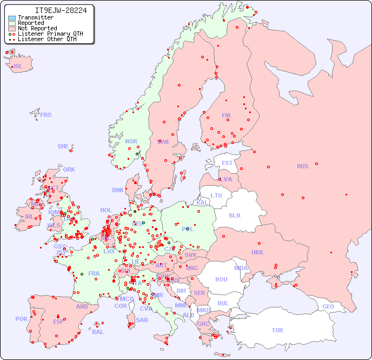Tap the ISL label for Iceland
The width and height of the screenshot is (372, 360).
18,67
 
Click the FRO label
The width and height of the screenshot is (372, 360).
46,115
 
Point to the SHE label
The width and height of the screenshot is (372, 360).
63,146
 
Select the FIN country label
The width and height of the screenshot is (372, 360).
226,115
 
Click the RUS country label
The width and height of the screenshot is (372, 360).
302,166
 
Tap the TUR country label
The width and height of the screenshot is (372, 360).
277,330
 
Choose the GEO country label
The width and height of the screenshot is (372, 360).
328,306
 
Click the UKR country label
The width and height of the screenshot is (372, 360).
257,252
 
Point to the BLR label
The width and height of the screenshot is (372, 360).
234,215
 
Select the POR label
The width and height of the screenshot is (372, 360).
21,319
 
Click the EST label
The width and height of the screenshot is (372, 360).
227,163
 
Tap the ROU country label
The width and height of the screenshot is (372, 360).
221,279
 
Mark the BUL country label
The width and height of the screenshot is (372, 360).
223,303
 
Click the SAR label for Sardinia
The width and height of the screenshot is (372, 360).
142,320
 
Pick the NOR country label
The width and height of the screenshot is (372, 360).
131,141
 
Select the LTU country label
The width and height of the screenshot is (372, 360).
216,195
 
